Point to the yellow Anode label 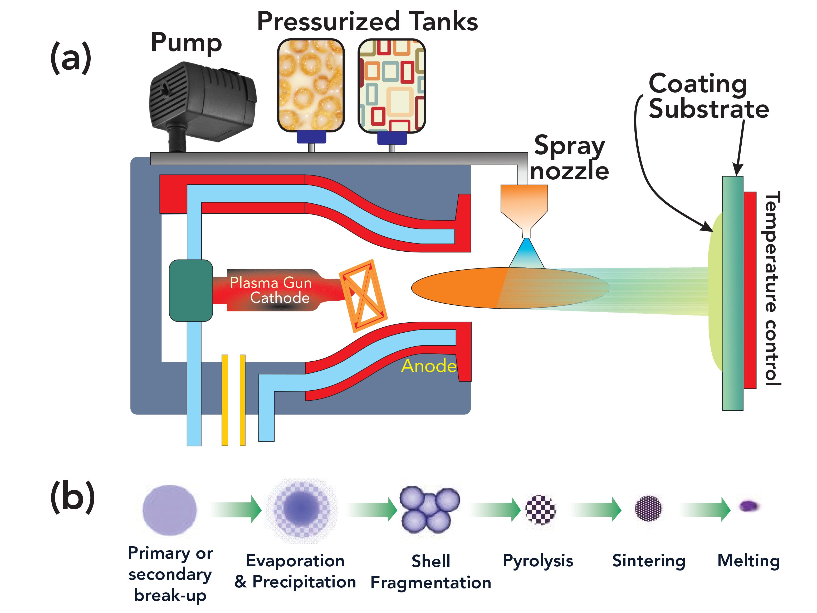(428, 366)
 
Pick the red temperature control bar (750, 290)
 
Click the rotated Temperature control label (772, 288)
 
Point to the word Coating (697, 84)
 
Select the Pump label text (186, 43)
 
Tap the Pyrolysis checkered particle (540, 510)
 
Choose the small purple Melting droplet (749, 505)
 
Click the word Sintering (649, 561)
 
